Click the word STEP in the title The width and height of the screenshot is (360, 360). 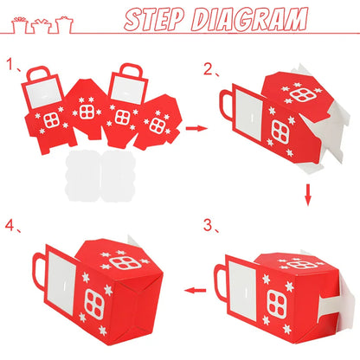(x=155, y=19)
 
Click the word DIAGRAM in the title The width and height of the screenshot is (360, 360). (x=250, y=19)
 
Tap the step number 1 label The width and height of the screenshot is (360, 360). (x=10, y=64)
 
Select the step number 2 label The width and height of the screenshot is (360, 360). (x=209, y=69)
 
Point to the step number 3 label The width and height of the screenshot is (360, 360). (x=209, y=225)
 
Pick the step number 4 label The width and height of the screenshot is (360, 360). (x=10, y=225)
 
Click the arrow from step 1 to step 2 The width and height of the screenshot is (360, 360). (x=196, y=128)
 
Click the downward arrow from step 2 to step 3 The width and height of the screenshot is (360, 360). (x=308, y=195)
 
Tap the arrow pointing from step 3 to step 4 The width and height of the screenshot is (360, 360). (x=196, y=291)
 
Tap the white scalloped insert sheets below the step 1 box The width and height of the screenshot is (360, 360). (x=100, y=175)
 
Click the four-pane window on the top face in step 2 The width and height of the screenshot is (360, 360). (x=302, y=94)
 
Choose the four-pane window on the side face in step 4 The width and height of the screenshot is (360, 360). (x=94, y=304)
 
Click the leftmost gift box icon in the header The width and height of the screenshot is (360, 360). (x=20, y=25)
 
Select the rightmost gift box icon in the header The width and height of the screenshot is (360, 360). (x=64, y=25)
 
